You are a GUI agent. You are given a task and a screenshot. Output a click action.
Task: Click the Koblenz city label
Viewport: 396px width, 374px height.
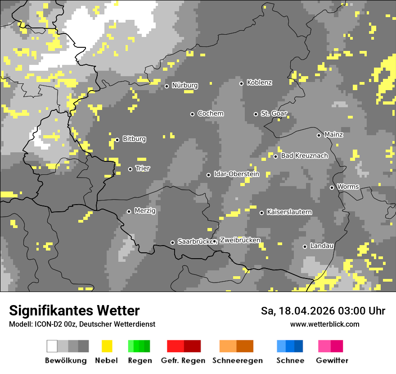point(259,82)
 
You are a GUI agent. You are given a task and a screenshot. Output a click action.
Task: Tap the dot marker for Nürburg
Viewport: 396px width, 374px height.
point(166,86)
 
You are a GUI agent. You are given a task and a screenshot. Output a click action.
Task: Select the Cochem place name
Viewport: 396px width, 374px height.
point(210,114)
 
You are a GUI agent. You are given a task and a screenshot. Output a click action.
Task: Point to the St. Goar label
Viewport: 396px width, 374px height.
point(274,114)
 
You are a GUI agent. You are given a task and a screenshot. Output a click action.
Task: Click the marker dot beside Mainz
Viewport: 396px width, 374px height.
point(319,135)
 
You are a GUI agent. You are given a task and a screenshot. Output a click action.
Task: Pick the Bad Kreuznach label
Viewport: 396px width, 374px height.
point(304,156)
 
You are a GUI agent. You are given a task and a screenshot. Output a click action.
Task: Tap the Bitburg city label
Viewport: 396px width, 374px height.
point(134,139)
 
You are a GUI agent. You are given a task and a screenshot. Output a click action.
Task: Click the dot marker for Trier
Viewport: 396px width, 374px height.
point(130,169)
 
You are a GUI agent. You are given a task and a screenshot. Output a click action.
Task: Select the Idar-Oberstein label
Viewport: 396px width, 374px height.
point(236,174)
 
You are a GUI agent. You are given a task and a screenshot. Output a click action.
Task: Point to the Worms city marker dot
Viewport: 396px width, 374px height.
point(332,187)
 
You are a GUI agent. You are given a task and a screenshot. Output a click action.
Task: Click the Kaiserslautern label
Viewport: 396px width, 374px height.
point(289,212)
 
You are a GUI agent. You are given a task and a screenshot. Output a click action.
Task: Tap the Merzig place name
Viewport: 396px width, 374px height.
point(144,210)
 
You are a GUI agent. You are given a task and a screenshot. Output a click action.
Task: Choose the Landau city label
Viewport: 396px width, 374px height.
point(322,246)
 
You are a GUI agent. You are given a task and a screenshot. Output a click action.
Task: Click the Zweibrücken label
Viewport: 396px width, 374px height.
point(240,240)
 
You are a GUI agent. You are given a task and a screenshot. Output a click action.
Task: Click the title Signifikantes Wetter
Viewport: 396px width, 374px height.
point(74,310)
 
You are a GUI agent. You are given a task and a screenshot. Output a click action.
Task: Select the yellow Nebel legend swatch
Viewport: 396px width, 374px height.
point(107,346)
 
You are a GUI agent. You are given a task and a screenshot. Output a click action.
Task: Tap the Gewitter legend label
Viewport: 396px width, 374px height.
point(332,360)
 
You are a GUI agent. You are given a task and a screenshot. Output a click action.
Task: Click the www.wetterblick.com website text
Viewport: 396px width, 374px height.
point(324,324)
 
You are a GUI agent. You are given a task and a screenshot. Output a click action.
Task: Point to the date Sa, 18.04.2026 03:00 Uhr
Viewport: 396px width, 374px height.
point(323,311)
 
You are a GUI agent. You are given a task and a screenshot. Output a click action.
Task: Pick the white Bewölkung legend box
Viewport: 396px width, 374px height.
point(52,346)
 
